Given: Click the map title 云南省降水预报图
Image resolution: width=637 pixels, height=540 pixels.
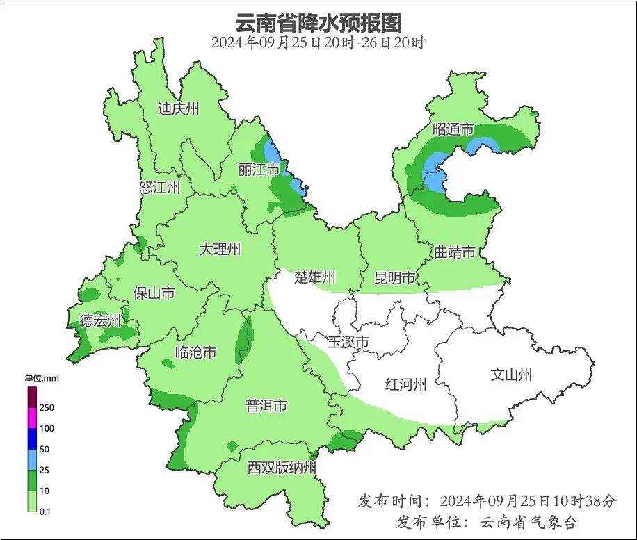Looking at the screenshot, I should click(318, 22).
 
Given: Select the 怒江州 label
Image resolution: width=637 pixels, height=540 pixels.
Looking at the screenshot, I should click(159, 188).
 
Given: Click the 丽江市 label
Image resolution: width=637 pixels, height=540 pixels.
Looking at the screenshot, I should click(259, 170).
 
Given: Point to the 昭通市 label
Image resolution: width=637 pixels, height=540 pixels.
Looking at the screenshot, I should click(453, 129).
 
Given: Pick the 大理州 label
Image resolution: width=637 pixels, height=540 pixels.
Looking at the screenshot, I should click(220, 249).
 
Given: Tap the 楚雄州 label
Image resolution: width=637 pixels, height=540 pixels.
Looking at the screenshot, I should click(314, 278).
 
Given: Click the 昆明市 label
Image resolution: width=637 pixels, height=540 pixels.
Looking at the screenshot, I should click(395, 278).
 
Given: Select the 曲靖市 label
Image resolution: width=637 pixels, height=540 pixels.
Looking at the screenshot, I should click(455, 252).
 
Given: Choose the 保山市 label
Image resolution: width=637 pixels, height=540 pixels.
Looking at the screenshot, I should click(154, 293).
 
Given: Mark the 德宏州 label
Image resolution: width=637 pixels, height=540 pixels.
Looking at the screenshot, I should click(100, 321).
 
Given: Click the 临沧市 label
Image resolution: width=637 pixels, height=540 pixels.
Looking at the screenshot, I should click(195, 352).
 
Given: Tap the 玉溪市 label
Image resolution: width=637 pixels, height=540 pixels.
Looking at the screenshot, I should click(348, 342).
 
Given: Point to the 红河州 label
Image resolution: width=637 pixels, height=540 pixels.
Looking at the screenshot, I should click(406, 384).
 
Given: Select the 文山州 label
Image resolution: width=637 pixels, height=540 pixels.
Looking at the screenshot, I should click(511, 375).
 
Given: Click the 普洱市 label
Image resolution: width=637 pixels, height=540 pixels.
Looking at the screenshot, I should click(266, 406).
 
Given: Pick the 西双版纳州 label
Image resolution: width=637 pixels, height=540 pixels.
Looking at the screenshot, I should click(282, 467).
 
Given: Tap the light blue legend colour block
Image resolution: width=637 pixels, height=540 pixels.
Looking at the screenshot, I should click(32, 459).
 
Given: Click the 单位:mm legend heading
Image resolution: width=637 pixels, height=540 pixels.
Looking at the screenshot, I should click(43, 378).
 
